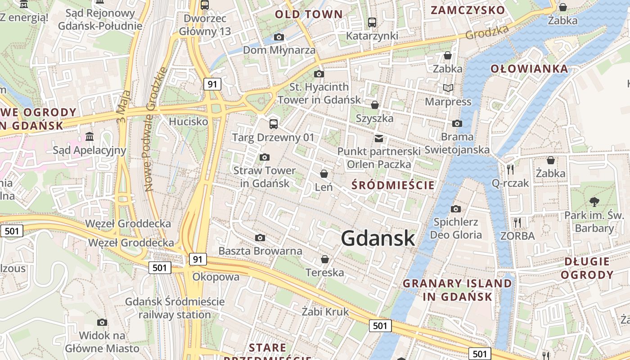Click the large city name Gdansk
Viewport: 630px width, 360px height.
click(378, 238)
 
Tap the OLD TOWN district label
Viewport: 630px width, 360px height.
click(309, 14)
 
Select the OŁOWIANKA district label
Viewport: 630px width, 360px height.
click(529, 69)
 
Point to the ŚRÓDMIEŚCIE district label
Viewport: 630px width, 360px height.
click(393, 185)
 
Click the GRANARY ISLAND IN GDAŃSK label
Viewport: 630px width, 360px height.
click(457, 290)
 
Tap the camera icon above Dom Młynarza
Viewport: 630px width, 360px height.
click(279, 37)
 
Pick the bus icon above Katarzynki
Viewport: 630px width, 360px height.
click(372, 22)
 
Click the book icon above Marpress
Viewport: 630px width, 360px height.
click(448, 88)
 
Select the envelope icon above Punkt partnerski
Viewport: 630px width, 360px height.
click(379, 138)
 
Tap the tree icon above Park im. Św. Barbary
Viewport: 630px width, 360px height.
click(594, 202)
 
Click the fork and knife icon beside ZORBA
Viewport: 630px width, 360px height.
click(517, 222)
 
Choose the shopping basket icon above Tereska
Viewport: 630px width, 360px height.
click(324, 259)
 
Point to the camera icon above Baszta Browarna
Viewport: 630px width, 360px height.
click(260, 238)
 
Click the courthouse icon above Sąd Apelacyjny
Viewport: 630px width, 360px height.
click(89, 136)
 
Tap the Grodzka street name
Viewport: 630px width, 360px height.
click(487, 31)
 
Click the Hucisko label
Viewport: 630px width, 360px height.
click(189, 121)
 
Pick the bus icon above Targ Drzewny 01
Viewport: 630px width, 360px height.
click(273, 124)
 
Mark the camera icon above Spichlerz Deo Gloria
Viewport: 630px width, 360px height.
click(456, 209)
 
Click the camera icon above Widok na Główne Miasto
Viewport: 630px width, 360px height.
click(102, 322)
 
